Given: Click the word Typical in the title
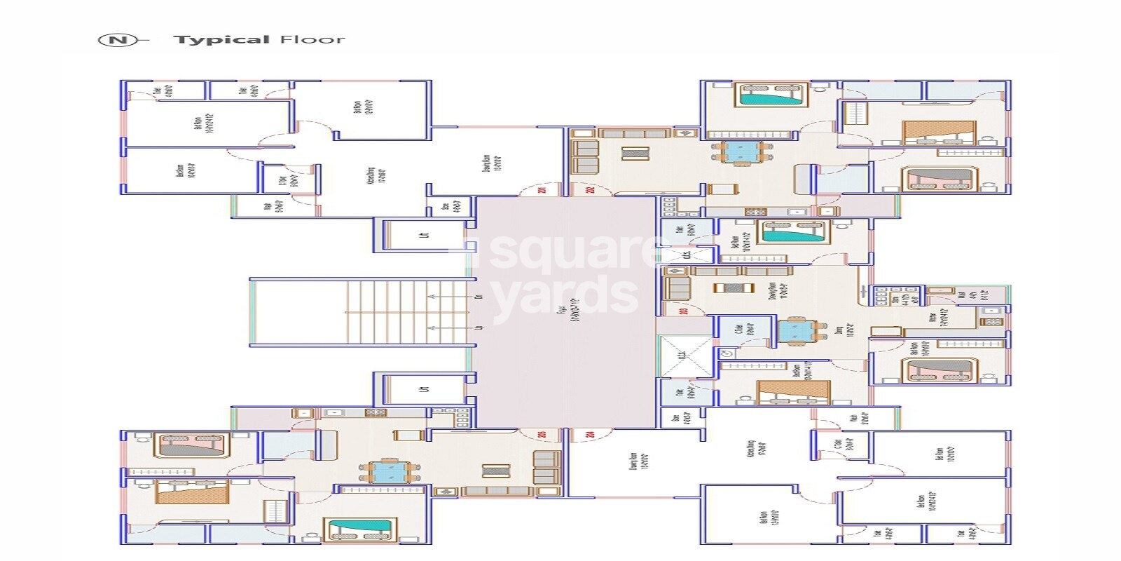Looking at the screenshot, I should [221, 40].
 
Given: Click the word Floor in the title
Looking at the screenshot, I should [312, 40].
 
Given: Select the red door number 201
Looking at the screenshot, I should [542, 190].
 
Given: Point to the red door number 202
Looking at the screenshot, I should [591, 190].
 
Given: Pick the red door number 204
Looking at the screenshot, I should [591, 435].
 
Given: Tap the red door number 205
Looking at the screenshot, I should [542, 435].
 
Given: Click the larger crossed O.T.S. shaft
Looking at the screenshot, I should [685, 356].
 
